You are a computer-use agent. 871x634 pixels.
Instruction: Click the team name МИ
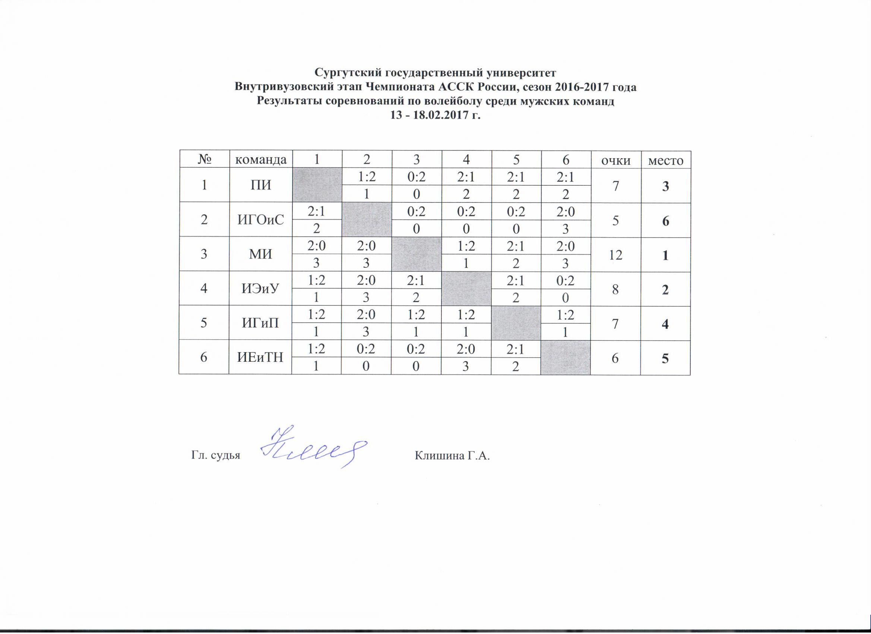coord(261,254)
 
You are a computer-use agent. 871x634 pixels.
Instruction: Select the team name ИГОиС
coord(261,220)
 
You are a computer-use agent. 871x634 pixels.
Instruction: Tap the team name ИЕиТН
coord(261,358)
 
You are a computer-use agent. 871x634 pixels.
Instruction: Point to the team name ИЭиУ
coord(261,288)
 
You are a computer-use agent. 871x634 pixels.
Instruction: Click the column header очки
coord(615,160)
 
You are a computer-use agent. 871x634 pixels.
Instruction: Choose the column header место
coord(665,160)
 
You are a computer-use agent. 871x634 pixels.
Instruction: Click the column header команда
coord(261,160)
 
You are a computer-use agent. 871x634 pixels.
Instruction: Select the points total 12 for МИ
coord(615,254)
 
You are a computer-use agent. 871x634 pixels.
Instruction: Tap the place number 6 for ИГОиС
coord(665,221)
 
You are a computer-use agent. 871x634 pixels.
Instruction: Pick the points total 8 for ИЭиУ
coord(615,289)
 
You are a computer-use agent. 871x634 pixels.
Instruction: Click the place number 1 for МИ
coord(665,255)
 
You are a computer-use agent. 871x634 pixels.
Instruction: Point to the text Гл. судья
coord(215,456)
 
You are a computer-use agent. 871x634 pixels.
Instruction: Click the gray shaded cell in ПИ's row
coord(316,185)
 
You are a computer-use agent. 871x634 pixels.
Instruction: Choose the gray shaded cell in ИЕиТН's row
coord(565,358)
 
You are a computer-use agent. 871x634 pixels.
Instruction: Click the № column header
coord(204,160)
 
